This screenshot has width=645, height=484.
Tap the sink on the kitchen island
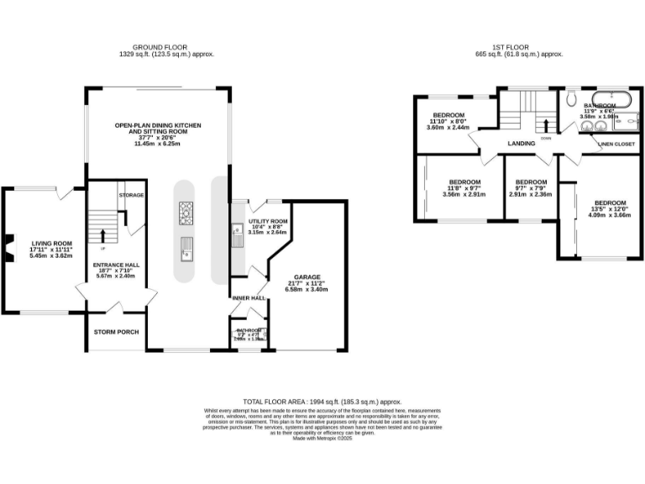186,247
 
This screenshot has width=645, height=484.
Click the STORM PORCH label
116,332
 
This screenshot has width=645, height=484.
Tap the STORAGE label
131,195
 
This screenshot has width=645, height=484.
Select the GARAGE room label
306,276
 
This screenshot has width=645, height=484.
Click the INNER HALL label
248,297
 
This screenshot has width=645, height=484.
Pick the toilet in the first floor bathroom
572,99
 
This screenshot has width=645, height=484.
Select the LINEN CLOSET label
616,144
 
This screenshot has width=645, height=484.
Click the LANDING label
522,144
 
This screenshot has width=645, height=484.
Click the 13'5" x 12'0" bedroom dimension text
610,210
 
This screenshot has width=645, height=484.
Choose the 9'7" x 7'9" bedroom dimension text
530,188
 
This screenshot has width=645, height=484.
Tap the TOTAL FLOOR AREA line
322,402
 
